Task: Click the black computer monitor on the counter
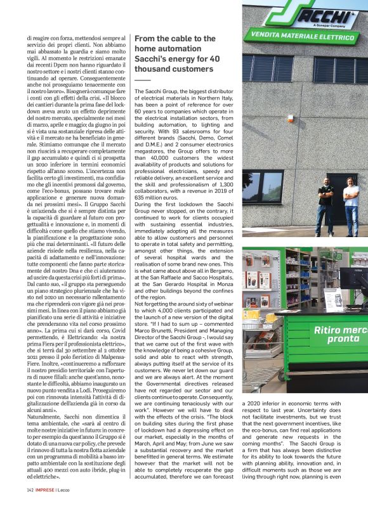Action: click(354, 279)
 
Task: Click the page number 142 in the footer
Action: click(30, 507)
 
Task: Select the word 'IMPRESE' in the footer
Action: click(46, 507)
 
